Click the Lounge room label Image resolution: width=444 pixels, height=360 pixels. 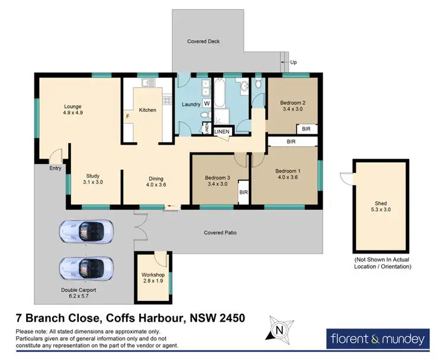tap(73, 107)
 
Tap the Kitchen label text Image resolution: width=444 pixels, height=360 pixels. tap(147, 110)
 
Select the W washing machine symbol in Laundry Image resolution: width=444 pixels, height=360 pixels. tap(207, 103)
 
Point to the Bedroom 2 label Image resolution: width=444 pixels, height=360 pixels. tap(292, 102)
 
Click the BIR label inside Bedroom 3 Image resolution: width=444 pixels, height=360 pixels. tap(243, 192)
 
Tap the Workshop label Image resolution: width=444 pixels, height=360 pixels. tap(152, 275)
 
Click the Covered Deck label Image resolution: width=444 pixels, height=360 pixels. tap(202, 41)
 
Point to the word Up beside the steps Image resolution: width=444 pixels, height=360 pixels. tap(294, 62)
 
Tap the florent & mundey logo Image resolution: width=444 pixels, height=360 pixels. tap(377, 339)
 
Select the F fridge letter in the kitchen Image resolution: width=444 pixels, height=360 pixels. tap(127, 117)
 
